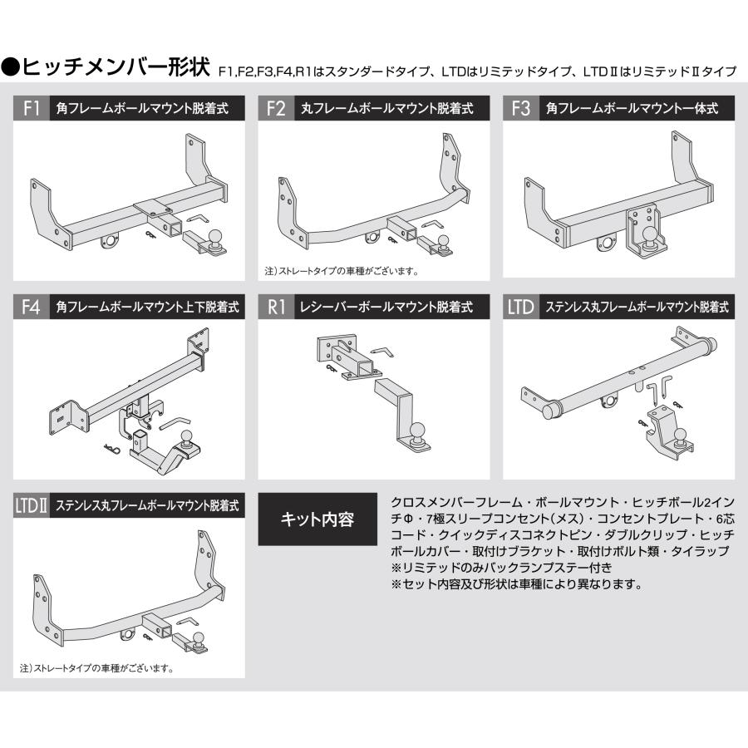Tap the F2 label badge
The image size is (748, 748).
click(276, 108)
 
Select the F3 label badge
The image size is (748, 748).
click(521, 108)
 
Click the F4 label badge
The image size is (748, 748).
click(30, 307)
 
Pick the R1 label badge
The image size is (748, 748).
click(276, 307)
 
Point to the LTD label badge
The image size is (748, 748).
click(521, 307)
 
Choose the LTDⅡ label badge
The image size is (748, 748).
click(32, 504)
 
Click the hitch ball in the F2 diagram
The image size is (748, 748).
click(443, 242)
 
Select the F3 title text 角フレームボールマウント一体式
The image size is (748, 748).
click(632, 108)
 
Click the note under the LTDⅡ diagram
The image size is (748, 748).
click(96, 667)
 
